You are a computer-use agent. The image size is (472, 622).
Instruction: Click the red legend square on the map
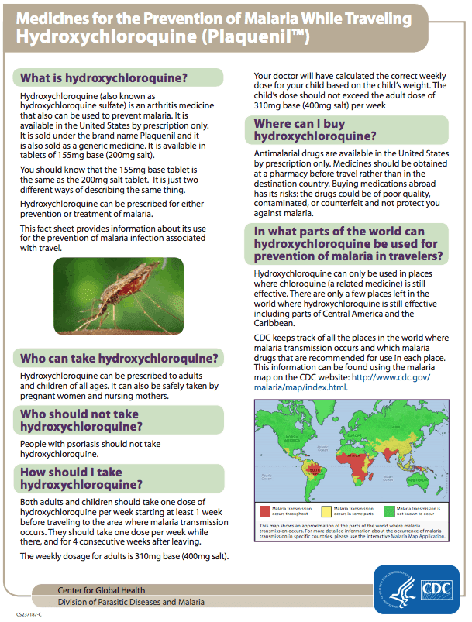[x=264, y=510]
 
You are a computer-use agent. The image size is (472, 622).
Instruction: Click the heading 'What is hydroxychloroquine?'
[x=104, y=77]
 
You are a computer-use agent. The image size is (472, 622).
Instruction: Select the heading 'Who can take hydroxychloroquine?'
[x=119, y=358]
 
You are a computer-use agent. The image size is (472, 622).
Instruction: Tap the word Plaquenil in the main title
[x=248, y=35]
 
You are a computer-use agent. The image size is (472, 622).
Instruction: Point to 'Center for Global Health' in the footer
[x=101, y=590]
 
